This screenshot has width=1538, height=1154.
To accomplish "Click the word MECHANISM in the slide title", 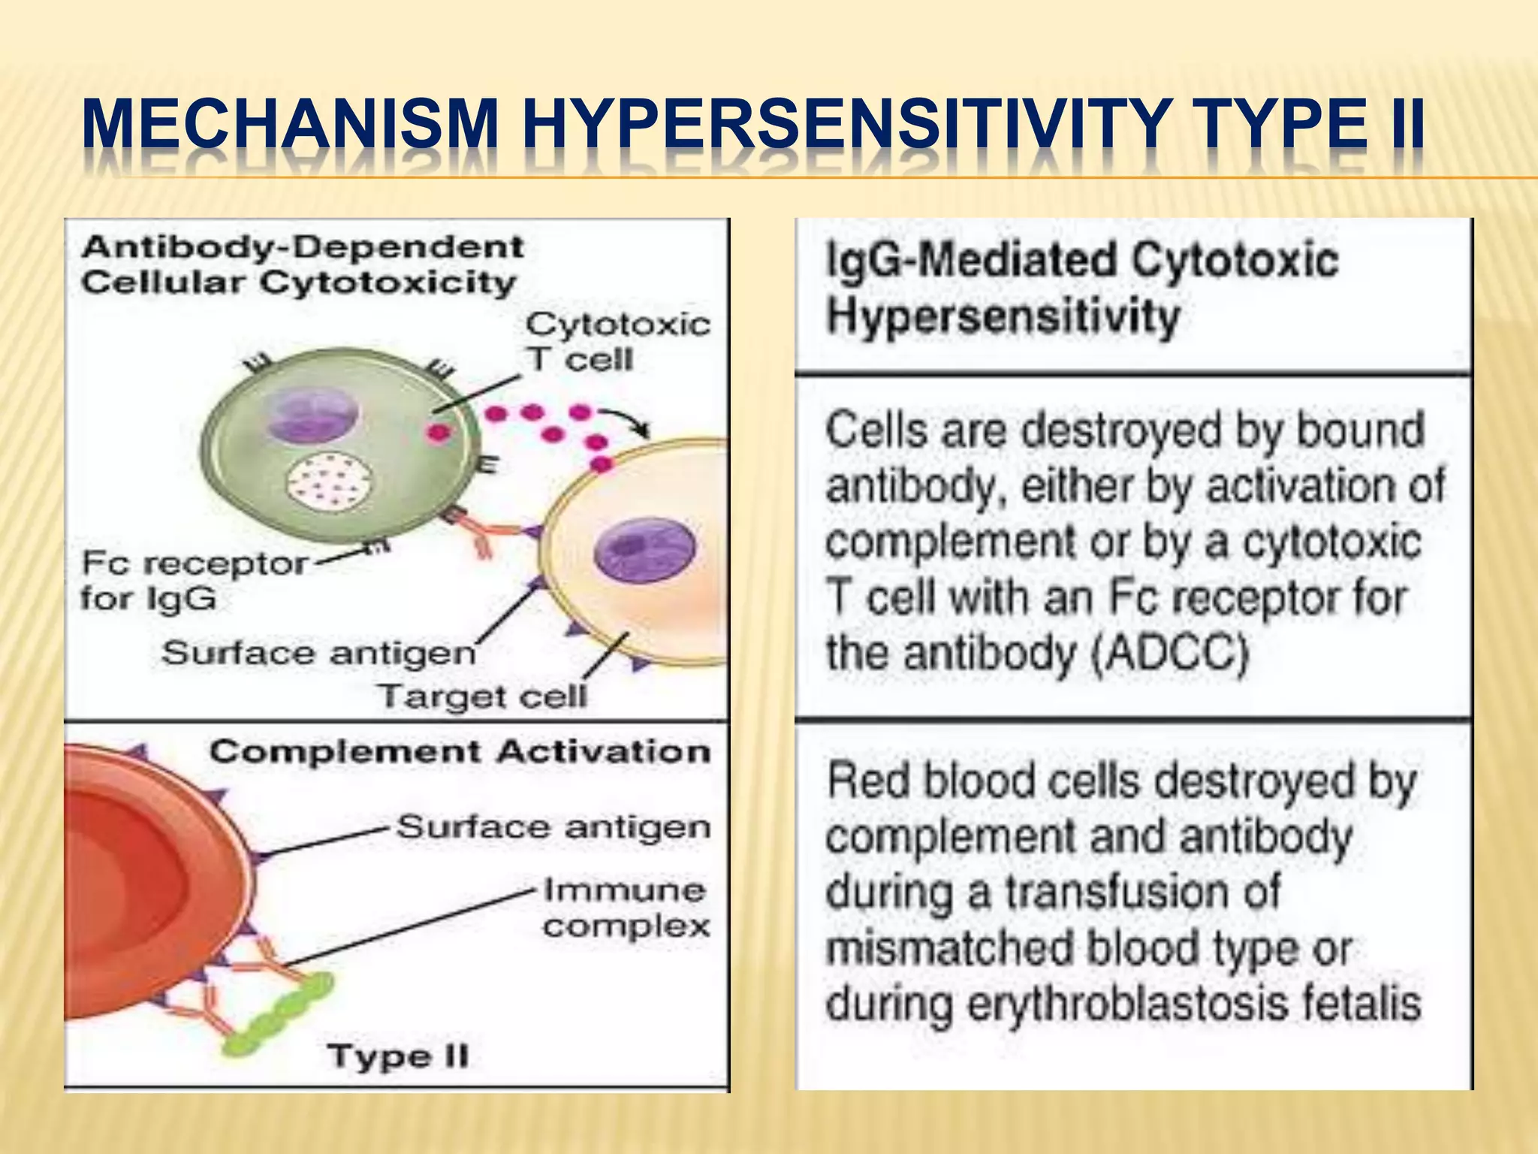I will click(x=291, y=124).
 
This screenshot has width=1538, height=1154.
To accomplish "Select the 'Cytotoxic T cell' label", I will click(x=617, y=342).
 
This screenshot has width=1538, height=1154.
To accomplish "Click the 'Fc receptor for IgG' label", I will click(x=194, y=580).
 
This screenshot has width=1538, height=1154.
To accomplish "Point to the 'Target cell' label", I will click(x=482, y=696).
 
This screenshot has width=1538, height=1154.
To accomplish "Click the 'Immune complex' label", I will click(x=626, y=908).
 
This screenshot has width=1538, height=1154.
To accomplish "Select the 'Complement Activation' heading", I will click(x=460, y=752).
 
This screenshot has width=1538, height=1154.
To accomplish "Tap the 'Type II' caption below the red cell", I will click(x=398, y=1056).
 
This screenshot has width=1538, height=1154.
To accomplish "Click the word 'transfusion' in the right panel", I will click(x=1143, y=893).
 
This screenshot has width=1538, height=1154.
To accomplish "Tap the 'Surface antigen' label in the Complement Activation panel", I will click(x=553, y=827).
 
